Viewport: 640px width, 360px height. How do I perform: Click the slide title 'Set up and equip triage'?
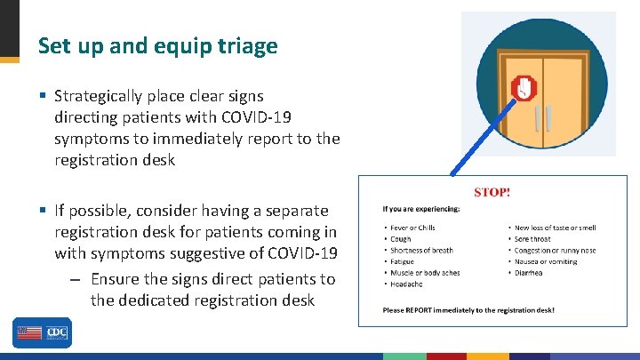158,45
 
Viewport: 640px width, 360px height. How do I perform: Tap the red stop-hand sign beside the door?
525,88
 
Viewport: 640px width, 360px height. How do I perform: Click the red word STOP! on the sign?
492,191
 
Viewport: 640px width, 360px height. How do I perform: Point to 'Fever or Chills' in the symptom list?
412,228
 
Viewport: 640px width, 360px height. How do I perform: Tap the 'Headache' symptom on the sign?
406,284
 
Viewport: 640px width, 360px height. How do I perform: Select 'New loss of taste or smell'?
556,228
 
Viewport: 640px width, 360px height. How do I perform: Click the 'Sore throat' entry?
532,239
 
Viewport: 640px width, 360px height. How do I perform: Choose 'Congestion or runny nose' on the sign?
555,251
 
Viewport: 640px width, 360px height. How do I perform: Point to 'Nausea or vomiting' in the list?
546,261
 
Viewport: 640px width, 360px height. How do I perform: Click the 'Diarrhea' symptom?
531,273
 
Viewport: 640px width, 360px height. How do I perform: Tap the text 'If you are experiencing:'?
421,209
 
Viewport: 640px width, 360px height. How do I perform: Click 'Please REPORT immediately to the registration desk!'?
468,310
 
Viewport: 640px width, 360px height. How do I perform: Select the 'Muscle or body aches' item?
425,273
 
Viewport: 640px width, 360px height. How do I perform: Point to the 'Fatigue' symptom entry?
403,261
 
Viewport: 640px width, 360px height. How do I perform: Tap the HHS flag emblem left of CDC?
28,333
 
